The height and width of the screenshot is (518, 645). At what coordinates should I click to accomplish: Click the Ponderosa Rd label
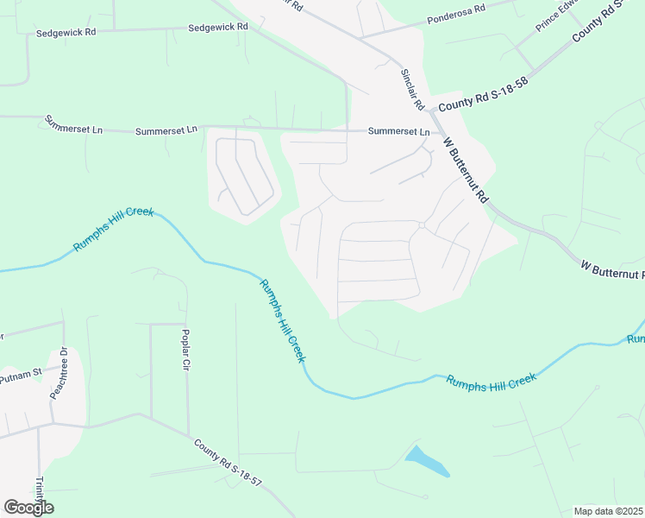click(457, 15)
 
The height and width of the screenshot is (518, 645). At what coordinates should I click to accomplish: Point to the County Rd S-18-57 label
click(228, 462)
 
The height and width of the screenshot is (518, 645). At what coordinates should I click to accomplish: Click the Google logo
click(28, 508)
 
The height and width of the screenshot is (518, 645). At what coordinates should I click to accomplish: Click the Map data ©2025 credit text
click(608, 510)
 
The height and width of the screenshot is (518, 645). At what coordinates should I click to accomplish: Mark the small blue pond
click(428, 462)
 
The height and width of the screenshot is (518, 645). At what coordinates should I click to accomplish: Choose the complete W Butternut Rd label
click(466, 169)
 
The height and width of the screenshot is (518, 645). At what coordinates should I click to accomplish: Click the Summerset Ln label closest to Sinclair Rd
click(398, 132)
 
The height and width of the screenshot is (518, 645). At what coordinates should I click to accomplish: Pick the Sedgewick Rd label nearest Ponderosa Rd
click(218, 27)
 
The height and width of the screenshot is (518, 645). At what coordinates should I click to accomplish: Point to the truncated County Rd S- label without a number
click(608, 25)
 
